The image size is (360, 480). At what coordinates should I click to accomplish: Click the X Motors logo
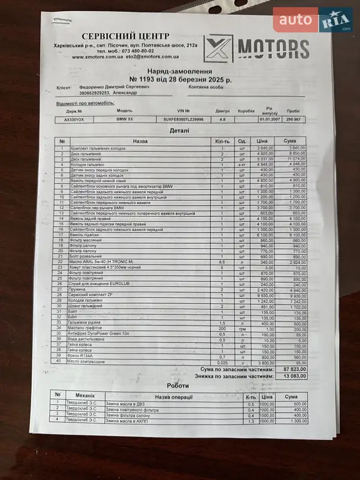click(256, 48)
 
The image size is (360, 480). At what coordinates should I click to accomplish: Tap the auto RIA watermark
click(312, 21)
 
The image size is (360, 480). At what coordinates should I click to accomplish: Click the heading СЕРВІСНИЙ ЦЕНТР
click(125, 36)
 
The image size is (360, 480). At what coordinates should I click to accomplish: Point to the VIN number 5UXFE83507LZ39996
click(184, 119)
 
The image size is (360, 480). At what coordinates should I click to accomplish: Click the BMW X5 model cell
click(125, 119)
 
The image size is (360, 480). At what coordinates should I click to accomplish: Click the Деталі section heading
click(179, 130)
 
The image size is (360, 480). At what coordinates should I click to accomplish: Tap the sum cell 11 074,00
click(293, 158)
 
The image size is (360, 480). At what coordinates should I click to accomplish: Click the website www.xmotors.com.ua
click(99, 58)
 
